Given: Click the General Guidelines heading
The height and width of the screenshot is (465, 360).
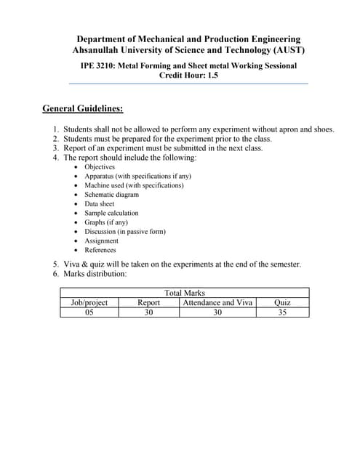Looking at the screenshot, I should pyautogui.click(x=82, y=109).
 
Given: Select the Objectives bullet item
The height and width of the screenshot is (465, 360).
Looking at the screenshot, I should pyautogui.click(x=100, y=166).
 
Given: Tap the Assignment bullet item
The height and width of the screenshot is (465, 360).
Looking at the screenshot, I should pyautogui.click(x=101, y=240).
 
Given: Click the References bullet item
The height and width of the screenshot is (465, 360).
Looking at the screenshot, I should pyautogui.click(x=100, y=250).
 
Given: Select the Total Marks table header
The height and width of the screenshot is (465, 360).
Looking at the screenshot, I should pyautogui.click(x=185, y=293).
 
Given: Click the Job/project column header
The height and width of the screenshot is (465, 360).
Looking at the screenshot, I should pyautogui.click(x=89, y=302).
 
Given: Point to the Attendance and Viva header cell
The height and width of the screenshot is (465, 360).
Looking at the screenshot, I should pyautogui.click(x=217, y=302).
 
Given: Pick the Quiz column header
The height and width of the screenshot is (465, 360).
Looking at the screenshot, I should pyautogui.click(x=282, y=302).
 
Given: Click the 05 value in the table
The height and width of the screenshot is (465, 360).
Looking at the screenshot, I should pyautogui.click(x=89, y=312).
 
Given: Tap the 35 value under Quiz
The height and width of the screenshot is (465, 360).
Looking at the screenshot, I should pyautogui.click(x=282, y=312).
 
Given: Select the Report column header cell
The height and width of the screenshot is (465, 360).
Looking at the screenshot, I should pyautogui.click(x=148, y=302).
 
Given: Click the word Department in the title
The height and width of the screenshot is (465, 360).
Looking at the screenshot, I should pyautogui.click(x=103, y=39).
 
